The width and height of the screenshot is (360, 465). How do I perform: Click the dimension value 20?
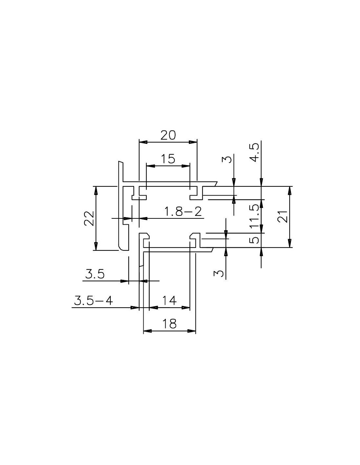point(168,135)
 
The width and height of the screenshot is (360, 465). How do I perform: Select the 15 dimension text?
point(168,159)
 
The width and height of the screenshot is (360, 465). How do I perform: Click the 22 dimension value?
point(89,218)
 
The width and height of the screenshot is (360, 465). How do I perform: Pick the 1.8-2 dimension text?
point(183,212)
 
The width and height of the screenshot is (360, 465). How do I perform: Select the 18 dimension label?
point(170,324)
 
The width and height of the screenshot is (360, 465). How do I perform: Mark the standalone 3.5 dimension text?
point(95,274)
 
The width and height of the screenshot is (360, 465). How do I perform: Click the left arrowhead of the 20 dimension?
point(143,142)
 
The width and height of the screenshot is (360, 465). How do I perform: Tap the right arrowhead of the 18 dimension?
point(192,331)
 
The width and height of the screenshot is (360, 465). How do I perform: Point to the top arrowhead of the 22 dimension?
point(96,190)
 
